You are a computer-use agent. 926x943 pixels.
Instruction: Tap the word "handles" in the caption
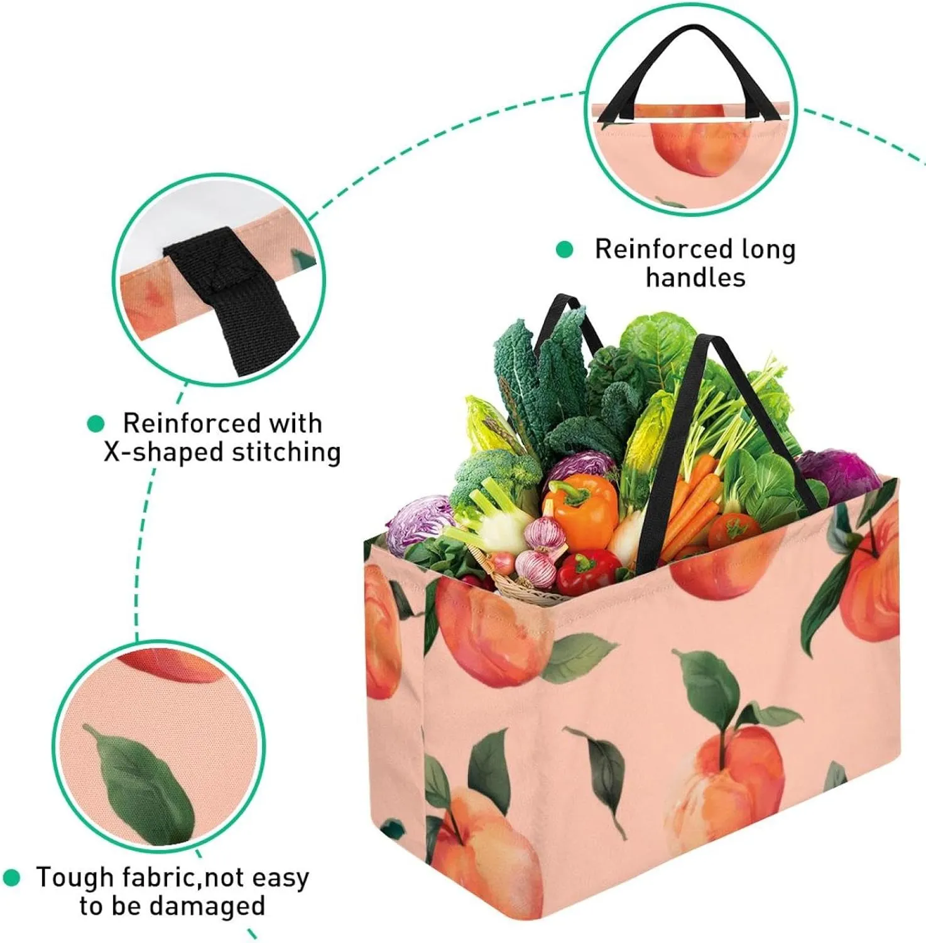[x=695, y=277]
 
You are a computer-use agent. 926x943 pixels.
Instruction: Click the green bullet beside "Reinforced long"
[x=565, y=250]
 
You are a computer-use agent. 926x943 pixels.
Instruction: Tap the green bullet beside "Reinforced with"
[x=95, y=424]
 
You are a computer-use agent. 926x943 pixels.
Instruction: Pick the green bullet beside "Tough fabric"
[x=11, y=877]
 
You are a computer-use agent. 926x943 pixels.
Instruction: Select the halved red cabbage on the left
[x=420, y=524]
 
